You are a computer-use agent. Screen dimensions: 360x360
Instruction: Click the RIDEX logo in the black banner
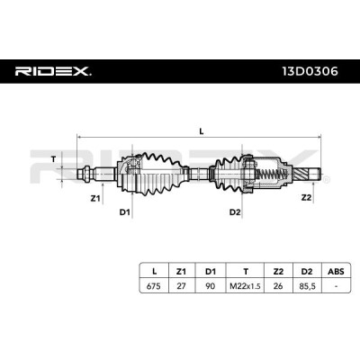coord(53,71)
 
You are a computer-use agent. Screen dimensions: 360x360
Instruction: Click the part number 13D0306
coord(310,71)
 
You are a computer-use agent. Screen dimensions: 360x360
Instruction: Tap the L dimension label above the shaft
coord(202,131)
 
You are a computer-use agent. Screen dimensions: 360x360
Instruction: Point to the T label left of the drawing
coord(53,159)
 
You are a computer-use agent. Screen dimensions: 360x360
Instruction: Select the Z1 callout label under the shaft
coord(95,198)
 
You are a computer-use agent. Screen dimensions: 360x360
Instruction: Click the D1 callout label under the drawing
coord(125,212)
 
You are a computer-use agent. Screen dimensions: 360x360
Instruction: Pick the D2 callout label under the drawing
coord(235,212)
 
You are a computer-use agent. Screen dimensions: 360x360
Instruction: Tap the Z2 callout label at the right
coord(306,197)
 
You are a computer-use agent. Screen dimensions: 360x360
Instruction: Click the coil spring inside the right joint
coord(270,174)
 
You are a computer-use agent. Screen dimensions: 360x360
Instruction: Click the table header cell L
coord(154,272)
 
